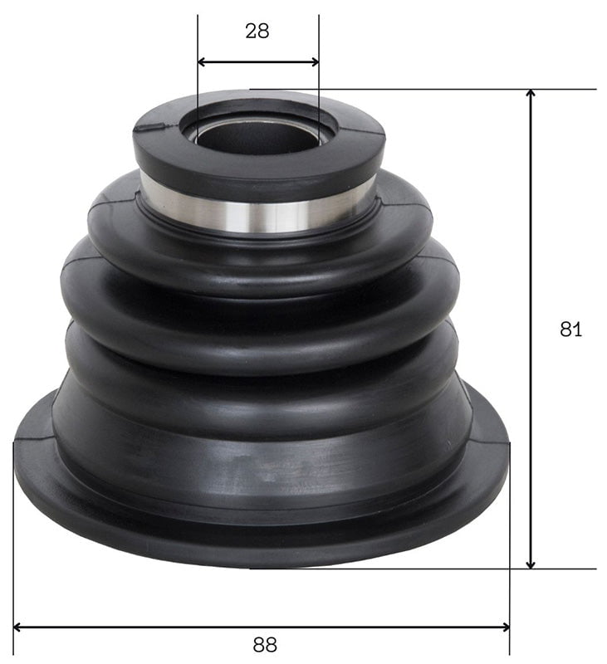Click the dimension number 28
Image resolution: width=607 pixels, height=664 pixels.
coord(257,32)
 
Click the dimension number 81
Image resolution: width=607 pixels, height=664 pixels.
coord(570,329)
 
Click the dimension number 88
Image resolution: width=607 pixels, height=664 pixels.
coord(264,644)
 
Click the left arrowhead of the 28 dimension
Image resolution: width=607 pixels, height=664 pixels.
coord(203,61)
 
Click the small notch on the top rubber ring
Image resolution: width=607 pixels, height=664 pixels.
coord(152,127)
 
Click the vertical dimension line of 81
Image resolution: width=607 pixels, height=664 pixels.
coord(531,249)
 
